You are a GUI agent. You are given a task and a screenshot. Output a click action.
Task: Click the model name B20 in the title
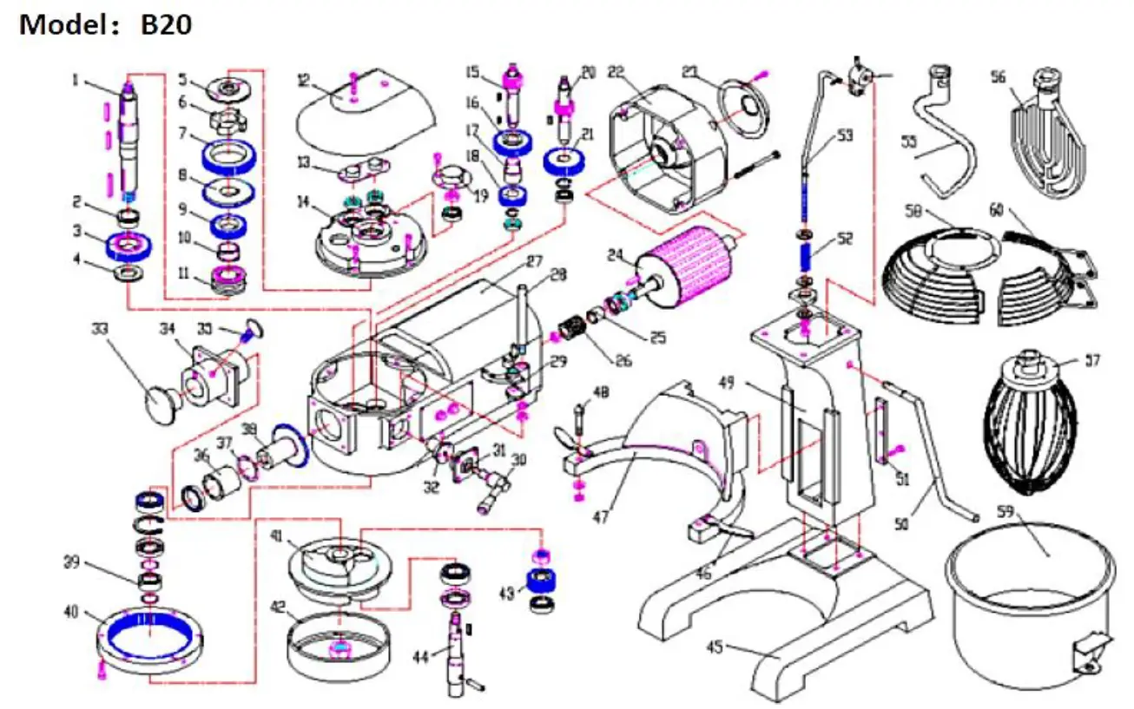166,24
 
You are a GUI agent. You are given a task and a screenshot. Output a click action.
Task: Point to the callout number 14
303,200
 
